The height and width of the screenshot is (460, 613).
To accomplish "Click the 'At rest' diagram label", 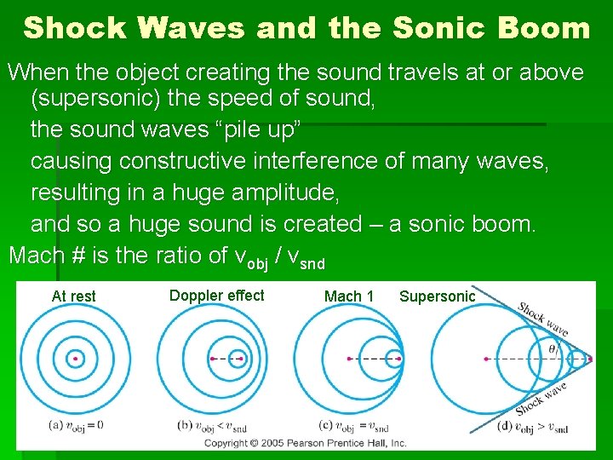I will point(74,296).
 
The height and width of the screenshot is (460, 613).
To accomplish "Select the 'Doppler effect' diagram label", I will point(216,296).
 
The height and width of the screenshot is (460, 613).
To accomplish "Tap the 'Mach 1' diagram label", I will point(349,296).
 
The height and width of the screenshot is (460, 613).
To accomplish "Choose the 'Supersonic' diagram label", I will point(438,296).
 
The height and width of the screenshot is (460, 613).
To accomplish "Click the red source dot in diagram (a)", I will point(75,359).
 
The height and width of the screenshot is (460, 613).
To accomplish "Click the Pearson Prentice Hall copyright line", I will point(305,443).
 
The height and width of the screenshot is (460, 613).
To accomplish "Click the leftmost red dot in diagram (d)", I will point(486,359).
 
